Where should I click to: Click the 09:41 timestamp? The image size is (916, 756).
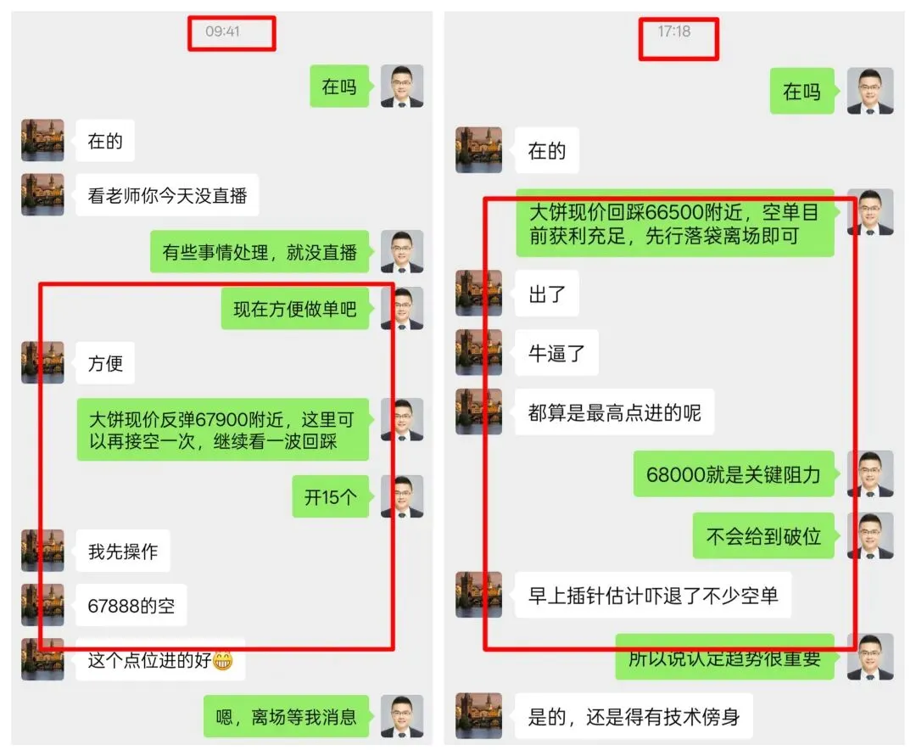[x=222, y=31]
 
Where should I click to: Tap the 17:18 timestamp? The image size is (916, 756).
[x=674, y=31]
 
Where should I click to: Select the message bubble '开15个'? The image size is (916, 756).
[x=331, y=497]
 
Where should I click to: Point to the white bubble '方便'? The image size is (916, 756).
[x=105, y=364]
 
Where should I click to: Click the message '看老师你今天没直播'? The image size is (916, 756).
[x=167, y=196]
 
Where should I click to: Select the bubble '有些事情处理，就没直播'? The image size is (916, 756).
[x=260, y=252]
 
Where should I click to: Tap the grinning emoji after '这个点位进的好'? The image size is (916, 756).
[x=223, y=659]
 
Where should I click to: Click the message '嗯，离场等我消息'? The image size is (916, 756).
[x=287, y=717]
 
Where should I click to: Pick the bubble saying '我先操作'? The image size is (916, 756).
[x=123, y=552]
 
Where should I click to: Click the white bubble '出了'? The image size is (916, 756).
[x=547, y=295]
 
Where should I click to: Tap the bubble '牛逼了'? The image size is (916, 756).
[x=557, y=353]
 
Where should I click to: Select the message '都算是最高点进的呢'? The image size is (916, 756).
[x=614, y=413]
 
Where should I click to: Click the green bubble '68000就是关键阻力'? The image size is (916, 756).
[x=734, y=474]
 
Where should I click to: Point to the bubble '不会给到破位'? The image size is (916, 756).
[x=763, y=535]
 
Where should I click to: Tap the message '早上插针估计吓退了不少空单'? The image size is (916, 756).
[x=653, y=595]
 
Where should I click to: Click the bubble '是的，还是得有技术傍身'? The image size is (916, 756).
[x=634, y=717]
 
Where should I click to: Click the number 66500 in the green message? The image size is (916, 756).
[x=673, y=212]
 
